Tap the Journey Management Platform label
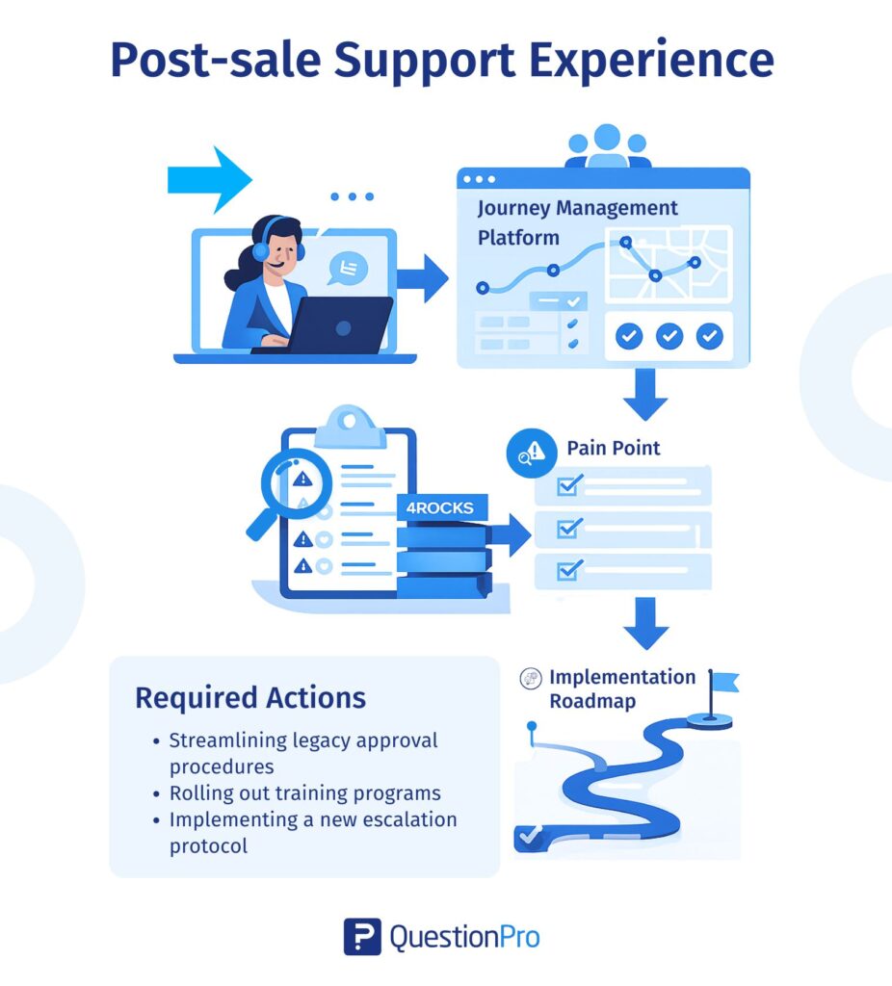click(x=577, y=221)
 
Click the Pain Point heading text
click(x=614, y=448)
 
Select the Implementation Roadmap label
click(x=621, y=688)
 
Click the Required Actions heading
click(x=250, y=697)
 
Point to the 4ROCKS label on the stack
click(x=442, y=507)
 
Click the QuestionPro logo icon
click(x=362, y=936)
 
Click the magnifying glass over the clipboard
click(x=295, y=482)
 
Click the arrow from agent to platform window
click(x=423, y=278)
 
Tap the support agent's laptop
click(x=341, y=324)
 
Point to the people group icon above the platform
click(x=607, y=145)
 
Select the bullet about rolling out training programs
click(x=304, y=793)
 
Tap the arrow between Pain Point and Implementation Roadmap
click(x=645, y=622)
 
